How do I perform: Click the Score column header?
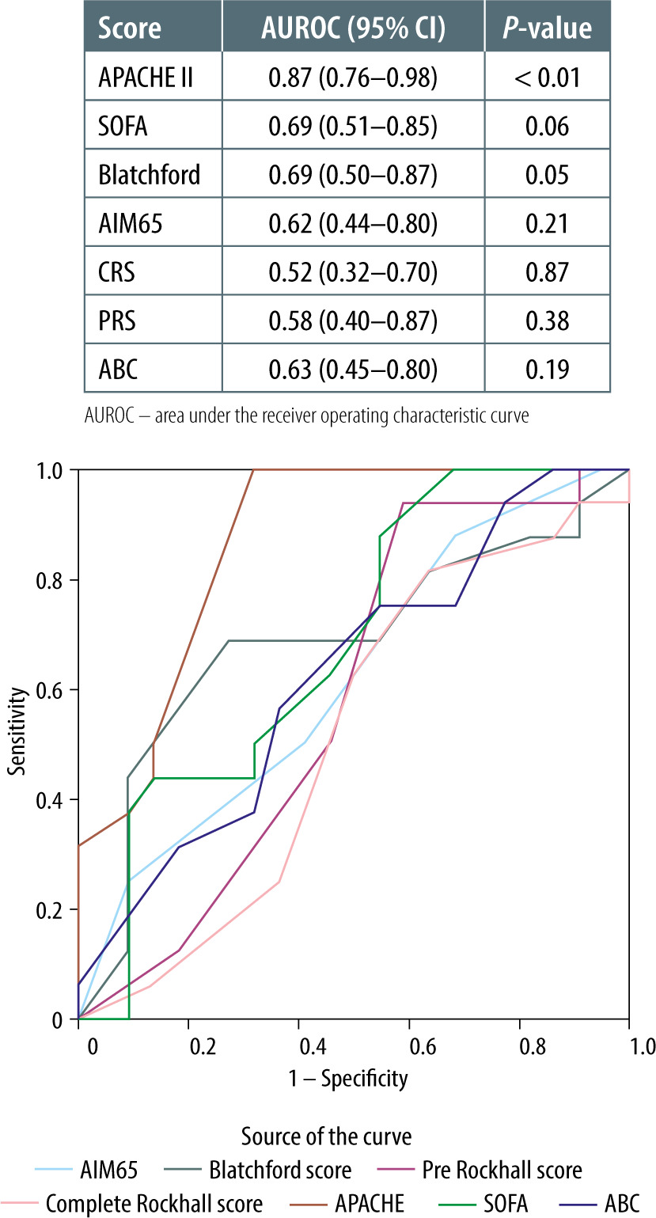(129, 28)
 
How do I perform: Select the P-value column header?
(546, 28)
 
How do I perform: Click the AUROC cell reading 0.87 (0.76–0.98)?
(353, 78)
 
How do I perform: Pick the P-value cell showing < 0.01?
(546, 78)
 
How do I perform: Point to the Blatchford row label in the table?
(149, 175)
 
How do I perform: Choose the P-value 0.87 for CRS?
(547, 271)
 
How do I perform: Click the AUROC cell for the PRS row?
(353, 321)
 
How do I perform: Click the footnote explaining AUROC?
(306, 416)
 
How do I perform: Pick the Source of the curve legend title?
(326, 1137)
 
